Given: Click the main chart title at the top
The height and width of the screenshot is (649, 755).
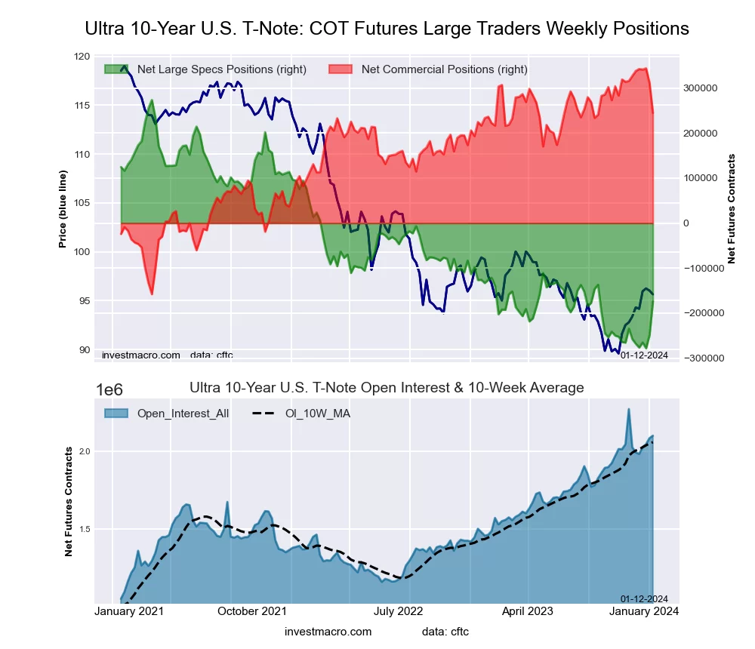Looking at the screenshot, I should coord(387,29).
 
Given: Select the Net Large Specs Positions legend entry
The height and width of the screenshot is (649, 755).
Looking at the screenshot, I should coord(205,69).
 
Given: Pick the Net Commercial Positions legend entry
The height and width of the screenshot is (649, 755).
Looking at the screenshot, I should coord(428,69).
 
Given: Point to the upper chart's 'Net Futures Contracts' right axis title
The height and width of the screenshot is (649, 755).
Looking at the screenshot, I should coord(731,209).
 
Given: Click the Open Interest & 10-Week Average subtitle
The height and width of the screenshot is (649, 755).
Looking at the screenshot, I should coord(386,388).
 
